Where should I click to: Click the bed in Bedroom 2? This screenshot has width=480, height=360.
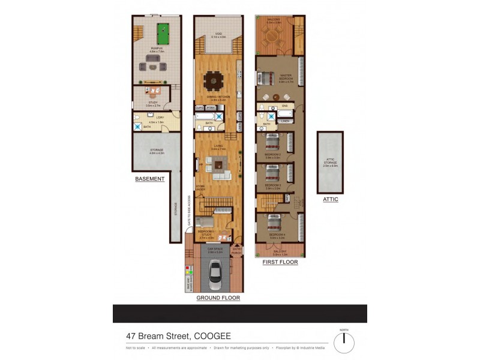pyautogui.click(x=272, y=143)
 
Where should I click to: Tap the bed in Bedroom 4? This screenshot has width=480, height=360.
pyautogui.click(x=273, y=222)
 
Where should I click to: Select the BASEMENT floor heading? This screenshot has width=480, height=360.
pyautogui.click(x=150, y=179)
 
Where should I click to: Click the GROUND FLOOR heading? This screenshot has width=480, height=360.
pyautogui.click(x=218, y=298)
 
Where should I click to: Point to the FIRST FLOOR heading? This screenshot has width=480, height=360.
pyautogui.click(x=280, y=262)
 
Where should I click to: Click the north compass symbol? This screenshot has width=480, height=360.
pyautogui.click(x=344, y=343)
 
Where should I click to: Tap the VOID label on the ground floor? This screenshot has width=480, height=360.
pyautogui.click(x=218, y=34)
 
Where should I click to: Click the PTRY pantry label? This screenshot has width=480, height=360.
pyautogui.click(x=211, y=108)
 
